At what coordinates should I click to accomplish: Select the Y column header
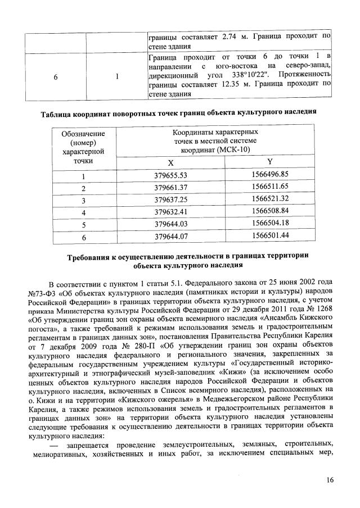click(269, 161)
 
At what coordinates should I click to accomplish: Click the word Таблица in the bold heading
click(61, 112)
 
